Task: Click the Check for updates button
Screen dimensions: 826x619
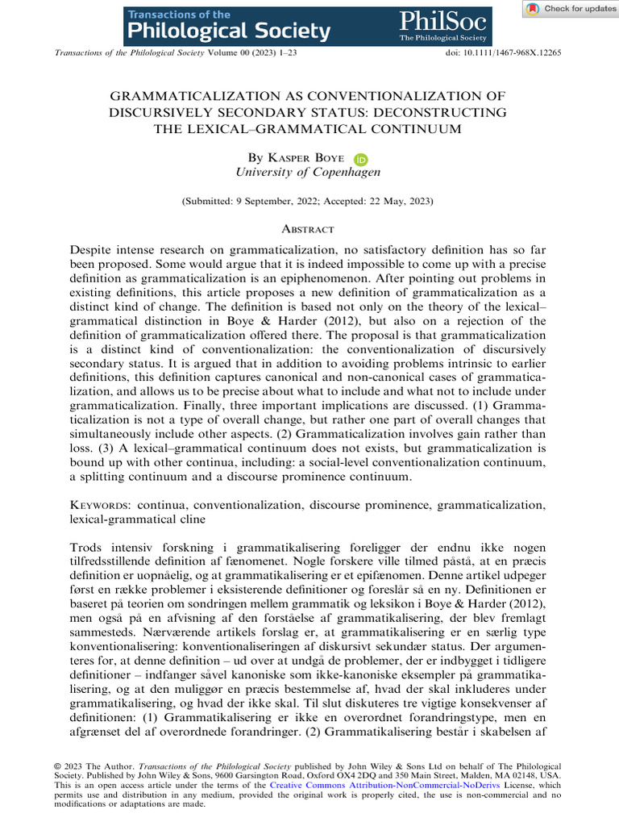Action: pos(570,9)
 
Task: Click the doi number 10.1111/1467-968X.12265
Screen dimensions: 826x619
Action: pos(516,52)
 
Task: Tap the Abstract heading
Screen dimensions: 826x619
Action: pos(309,230)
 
